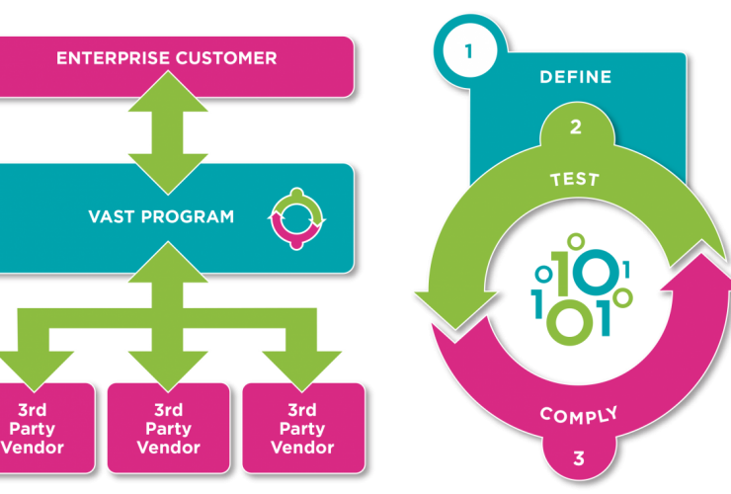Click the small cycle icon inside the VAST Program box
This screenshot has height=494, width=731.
(297, 216)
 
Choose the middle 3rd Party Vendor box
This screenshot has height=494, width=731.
(168, 427)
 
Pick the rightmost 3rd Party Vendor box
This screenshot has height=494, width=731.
(302, 427)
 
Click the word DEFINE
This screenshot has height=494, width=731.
(575, 77)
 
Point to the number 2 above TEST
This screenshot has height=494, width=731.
(575, 127)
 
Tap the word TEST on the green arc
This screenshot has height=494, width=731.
(575, 180)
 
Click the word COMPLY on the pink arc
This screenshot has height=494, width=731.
(579, 414)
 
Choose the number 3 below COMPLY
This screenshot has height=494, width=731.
(579, 457)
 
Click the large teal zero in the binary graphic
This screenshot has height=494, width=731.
(599, 267)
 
